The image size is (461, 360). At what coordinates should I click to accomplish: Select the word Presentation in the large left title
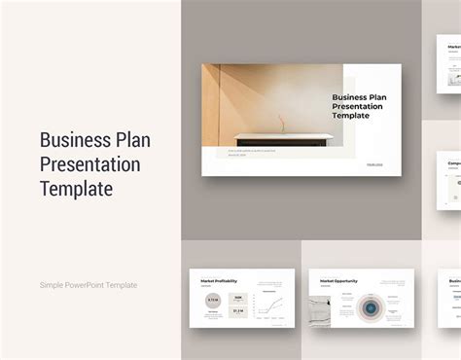89,163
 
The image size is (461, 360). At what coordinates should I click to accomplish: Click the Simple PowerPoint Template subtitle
89,284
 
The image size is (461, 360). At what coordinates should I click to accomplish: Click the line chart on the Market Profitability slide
273,307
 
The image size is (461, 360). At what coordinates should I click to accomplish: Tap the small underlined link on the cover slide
374,163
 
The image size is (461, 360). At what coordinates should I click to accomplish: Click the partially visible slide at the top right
448,63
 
